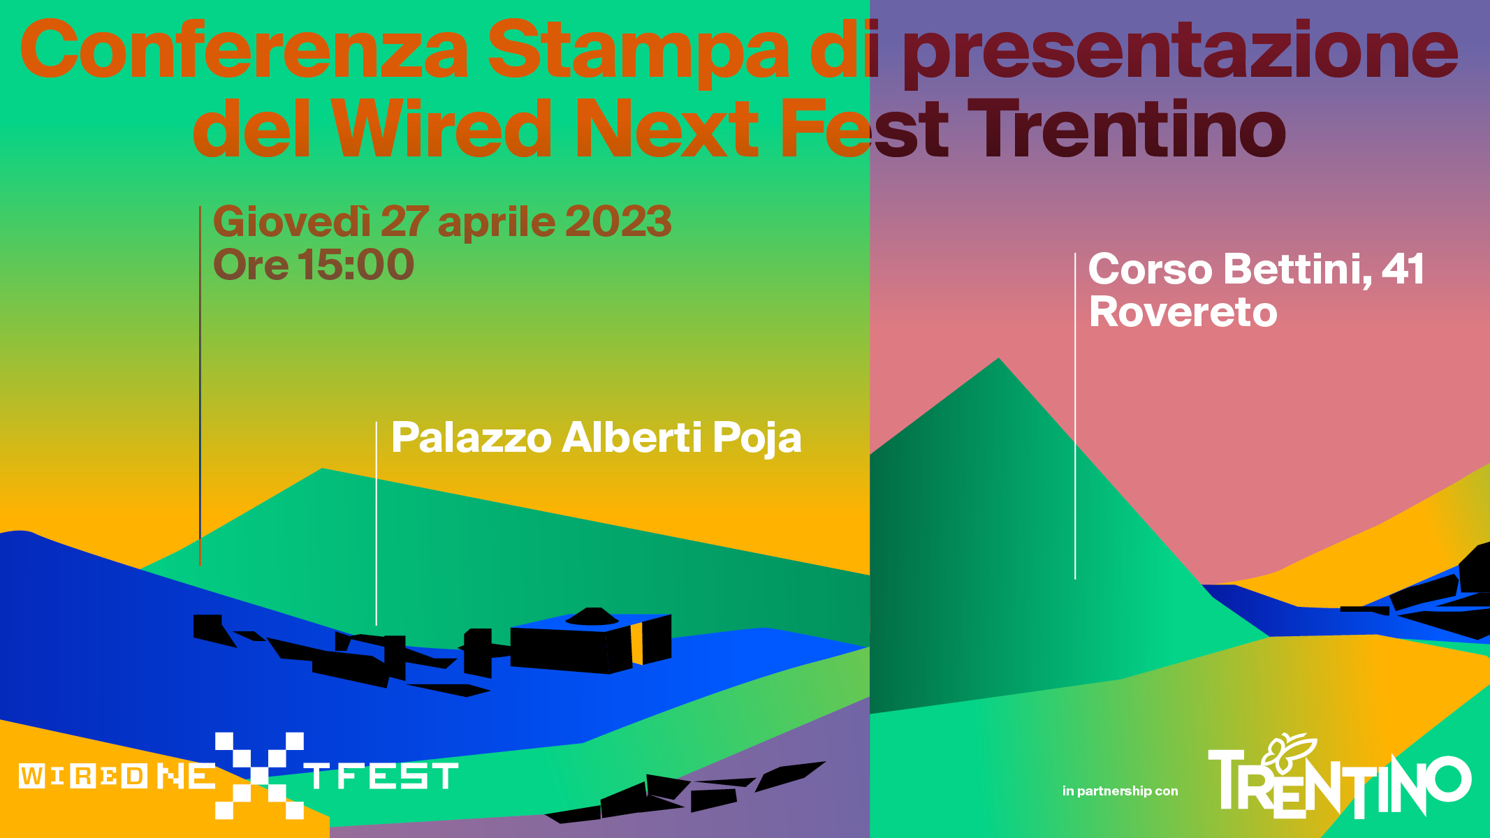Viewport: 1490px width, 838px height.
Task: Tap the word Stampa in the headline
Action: point(638,53)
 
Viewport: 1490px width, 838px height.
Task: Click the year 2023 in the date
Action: point(618,222)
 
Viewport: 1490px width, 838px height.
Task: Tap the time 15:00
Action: point(356,265)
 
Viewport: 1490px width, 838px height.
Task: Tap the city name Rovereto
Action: point(1183,312)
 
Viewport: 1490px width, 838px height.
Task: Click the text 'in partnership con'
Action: point(1120,791)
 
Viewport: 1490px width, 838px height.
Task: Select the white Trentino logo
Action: point(1340,777)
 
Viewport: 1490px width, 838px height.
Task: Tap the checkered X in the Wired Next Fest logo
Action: point(259,775)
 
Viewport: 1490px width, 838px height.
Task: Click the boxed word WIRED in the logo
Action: point(83,776)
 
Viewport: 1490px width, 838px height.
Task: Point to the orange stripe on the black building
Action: point(636,644)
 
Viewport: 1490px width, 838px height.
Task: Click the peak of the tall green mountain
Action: point(999,358)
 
